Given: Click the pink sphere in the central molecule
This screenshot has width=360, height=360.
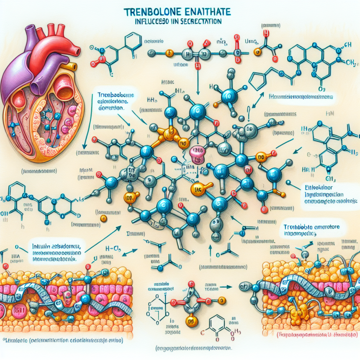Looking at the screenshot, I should [x=196, y=153].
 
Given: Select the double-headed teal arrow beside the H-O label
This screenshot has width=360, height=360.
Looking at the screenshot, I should [x=130, y=251].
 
